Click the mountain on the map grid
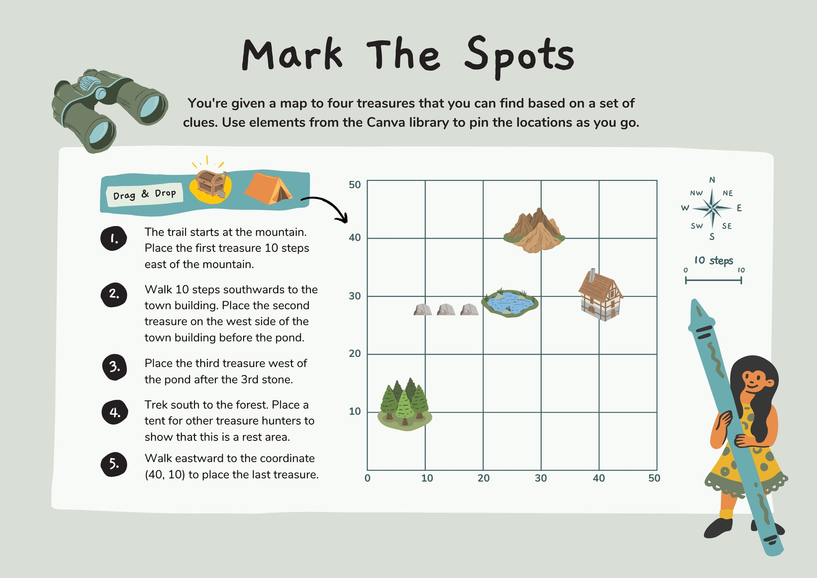click(x=534, y=231)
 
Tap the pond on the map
click(x=510, y=303)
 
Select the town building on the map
click(x=600, y=295)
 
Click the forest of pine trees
click(x=404, y=405)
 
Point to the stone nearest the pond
click(x=469, y=310)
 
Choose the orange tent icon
click(x=268, y=188)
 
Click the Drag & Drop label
click(x=145, y=194)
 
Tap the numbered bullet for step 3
click(x=114, y=367)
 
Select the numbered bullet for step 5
click(x=114, y=464)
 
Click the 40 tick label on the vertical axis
click(x=354, y=238)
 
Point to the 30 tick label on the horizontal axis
click(x=541, y=478)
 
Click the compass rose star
click(x=712, y=209)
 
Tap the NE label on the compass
click(x=728, y=193)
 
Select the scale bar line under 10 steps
click(x=713, y=281)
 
